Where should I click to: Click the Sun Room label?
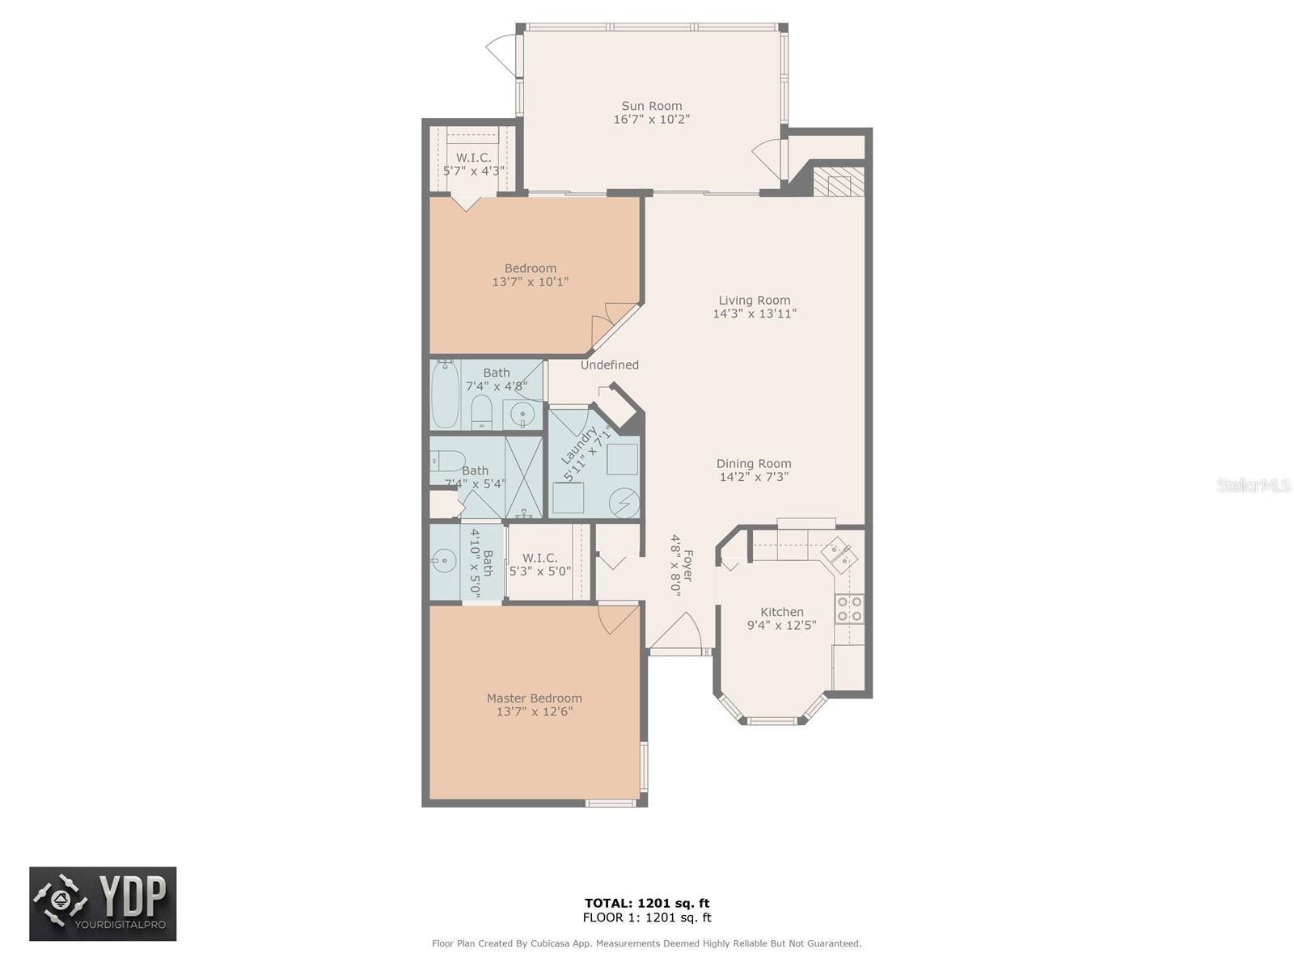pos(651,106)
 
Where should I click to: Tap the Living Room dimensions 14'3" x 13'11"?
pos(754,314)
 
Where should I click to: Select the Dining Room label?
pos(754,464)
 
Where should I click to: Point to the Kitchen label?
pos(781,612)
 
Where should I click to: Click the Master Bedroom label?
pos(534,698)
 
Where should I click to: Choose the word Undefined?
pos(610,365)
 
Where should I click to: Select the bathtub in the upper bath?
pos(445,395)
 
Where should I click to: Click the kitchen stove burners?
pos(849,609)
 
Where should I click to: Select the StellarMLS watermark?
pos(1254,485)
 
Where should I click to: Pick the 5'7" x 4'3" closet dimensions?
pos(474,171)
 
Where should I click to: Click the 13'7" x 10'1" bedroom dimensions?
pos(530,282)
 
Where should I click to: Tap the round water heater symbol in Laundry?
pos(624,504)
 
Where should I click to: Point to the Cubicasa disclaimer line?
pos(647,943)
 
